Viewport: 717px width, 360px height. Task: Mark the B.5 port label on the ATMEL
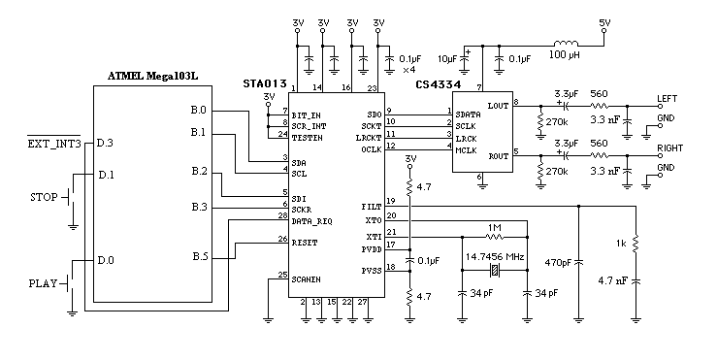pyautogui.click(x=199, y=256)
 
